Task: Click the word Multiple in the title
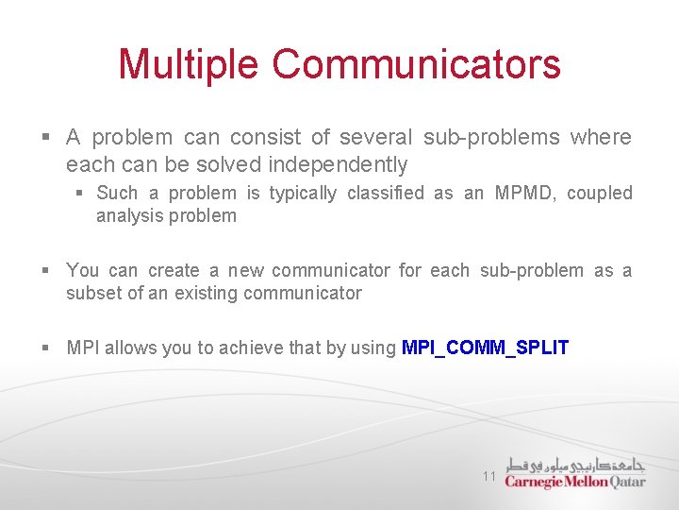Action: point(190,64)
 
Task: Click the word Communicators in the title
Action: point(417,64)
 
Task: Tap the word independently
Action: point(338,165)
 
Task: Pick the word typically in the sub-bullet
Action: point(303,194)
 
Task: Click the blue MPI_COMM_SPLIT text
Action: point(485,348)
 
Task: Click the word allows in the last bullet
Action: point(130,348)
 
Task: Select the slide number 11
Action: point(489,476)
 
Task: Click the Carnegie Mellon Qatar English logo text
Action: point(574,482)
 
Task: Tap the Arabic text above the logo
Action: point(576,464)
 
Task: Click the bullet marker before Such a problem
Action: point(81,194)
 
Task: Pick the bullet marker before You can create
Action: point(47,271)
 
